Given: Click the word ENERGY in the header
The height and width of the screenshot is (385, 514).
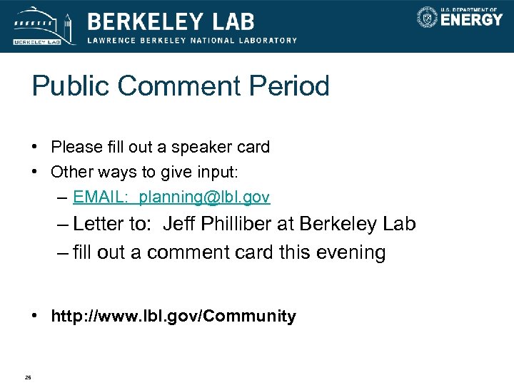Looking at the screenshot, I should click(x=471, y=20).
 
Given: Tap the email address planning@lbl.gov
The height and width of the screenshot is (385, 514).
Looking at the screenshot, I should click(x=205, y=196).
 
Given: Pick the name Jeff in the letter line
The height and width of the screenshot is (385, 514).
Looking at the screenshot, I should click(x=178, y=224).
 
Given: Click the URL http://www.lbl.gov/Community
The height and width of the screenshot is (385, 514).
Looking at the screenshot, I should click(x=173, y=316).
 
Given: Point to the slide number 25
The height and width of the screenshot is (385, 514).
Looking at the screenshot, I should click(x=28, y=377).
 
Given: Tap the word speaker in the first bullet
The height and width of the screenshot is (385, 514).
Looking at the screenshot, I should click(x=178, y=148).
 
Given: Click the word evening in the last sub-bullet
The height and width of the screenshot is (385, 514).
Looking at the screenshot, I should click(x=351, y=252).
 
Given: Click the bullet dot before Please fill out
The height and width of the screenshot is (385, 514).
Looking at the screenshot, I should click(x=35, y=148).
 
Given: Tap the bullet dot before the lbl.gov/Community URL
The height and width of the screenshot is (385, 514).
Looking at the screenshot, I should click(x=35, y=316).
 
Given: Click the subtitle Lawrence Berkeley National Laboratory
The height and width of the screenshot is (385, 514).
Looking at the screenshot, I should click(x=192, y=41).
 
